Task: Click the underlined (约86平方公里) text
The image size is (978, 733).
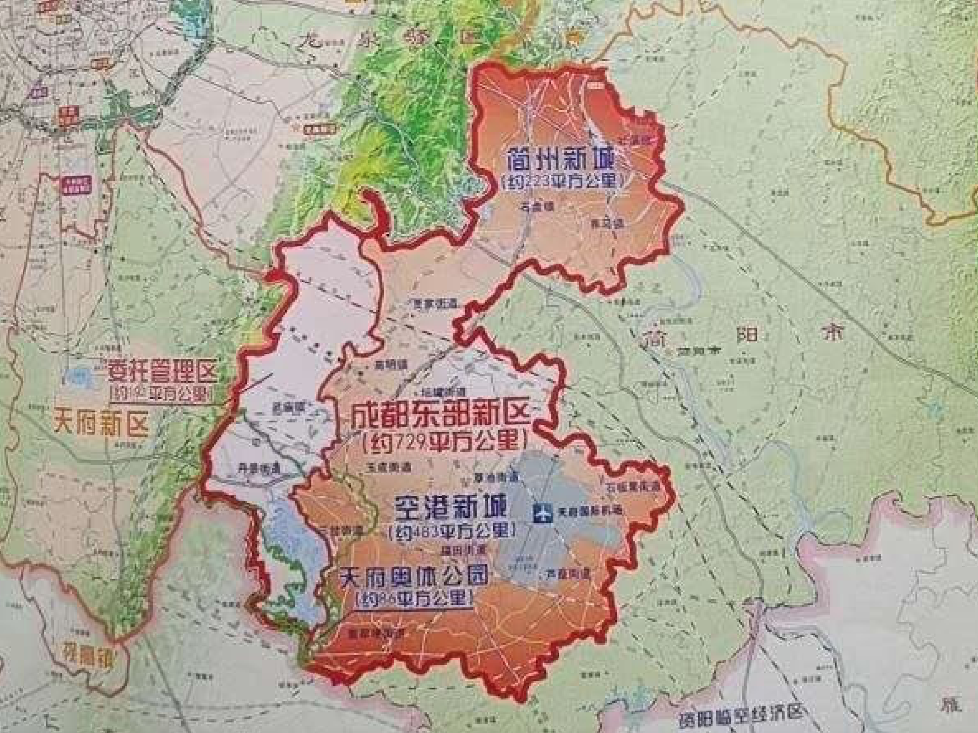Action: coord(414,598)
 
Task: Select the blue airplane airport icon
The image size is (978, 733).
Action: coord(540,512)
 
